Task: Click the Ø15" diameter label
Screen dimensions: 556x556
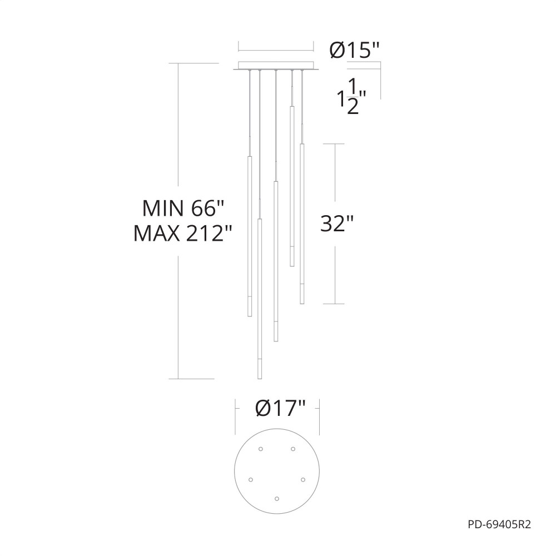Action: [354, 51]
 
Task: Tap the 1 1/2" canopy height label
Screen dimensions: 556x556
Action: [351, 96]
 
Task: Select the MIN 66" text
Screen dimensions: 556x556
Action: [183, 208]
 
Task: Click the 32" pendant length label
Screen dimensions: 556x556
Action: [337, 224]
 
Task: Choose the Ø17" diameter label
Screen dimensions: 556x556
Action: [280, 408]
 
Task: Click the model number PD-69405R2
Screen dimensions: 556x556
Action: [499, 524]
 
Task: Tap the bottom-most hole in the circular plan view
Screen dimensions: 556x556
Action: [276, 499]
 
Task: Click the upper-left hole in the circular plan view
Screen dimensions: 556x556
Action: [261, 449]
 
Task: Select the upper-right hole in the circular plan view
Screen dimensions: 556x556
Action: [293, 449]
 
